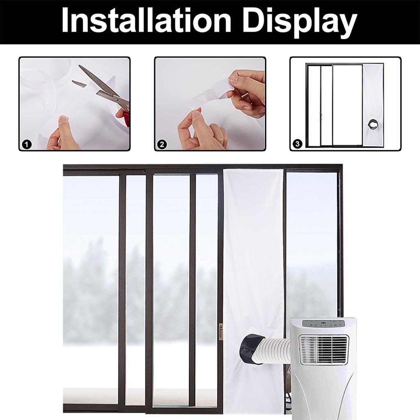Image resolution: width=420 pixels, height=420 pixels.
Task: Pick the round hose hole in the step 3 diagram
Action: pos(373,123)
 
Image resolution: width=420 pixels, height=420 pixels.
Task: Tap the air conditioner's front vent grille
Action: pos(324,349)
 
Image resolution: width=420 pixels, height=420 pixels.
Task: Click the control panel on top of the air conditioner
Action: pos(324,323)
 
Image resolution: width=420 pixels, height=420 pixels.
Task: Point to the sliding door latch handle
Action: pos(221,332)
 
